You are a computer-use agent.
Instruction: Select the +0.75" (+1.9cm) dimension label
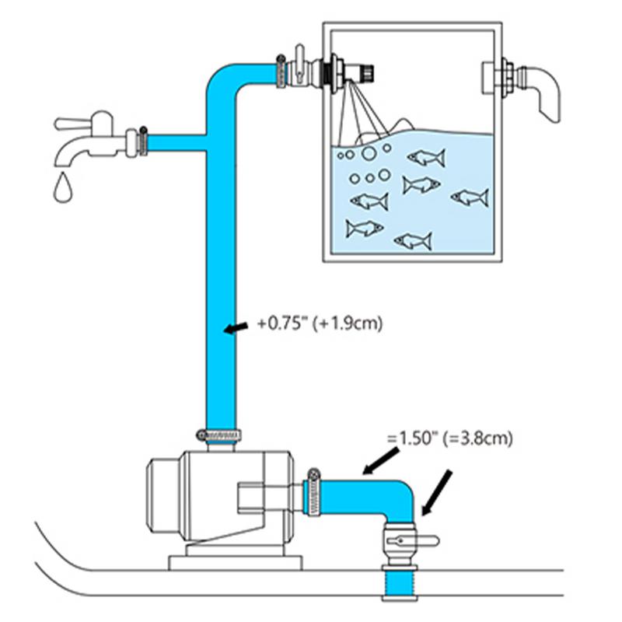point(320,324)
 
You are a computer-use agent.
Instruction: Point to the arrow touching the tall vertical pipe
point(233,329)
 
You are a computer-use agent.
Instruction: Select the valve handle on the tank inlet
point(296,56)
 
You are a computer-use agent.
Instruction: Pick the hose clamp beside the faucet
point(142,140)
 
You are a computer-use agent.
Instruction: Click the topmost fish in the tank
point(426,158)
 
